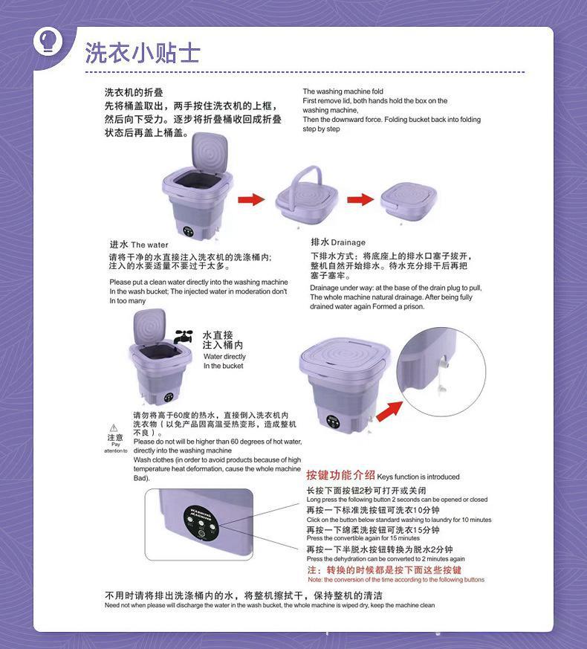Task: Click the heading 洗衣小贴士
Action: pyautogui.click(x=142, y=52)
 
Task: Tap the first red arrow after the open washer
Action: pyautogui.click(x=251, y=199)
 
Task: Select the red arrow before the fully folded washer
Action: pyautogui.click(x=360, y=199)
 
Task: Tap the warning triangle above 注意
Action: pyautogui.click(x=114, y=427)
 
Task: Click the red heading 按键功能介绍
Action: pyautogui.click(x=340, y=475)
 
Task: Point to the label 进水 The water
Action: pyautogui.click(x=139, y=245)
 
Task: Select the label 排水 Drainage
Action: pyautogui.click(x=338, y=242)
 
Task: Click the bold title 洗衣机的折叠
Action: pyautogui.click(x=134, y=92)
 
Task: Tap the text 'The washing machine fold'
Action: pyautogui.click(x=343, y=91)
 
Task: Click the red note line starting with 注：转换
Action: pyautogui.click(x=384, y=569)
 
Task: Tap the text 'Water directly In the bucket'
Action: pyautogui.click(x=224, y=361)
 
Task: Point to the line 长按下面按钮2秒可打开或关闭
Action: pyautogui.click(x=366, y=491)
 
